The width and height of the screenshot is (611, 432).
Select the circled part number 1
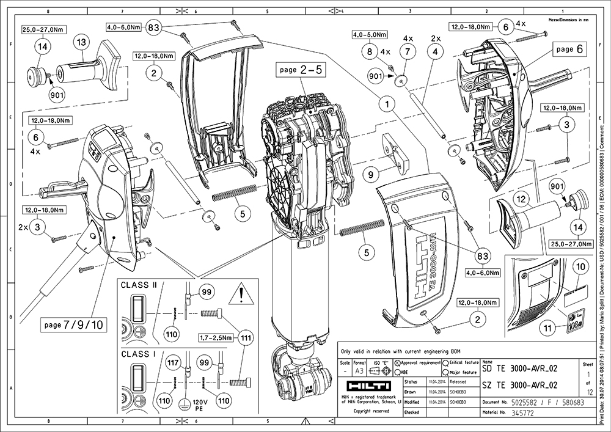386,104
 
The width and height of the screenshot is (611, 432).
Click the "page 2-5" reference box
301,71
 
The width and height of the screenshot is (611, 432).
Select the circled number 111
246,338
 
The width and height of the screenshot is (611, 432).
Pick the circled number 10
580,267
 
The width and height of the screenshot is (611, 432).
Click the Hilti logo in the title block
365,387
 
